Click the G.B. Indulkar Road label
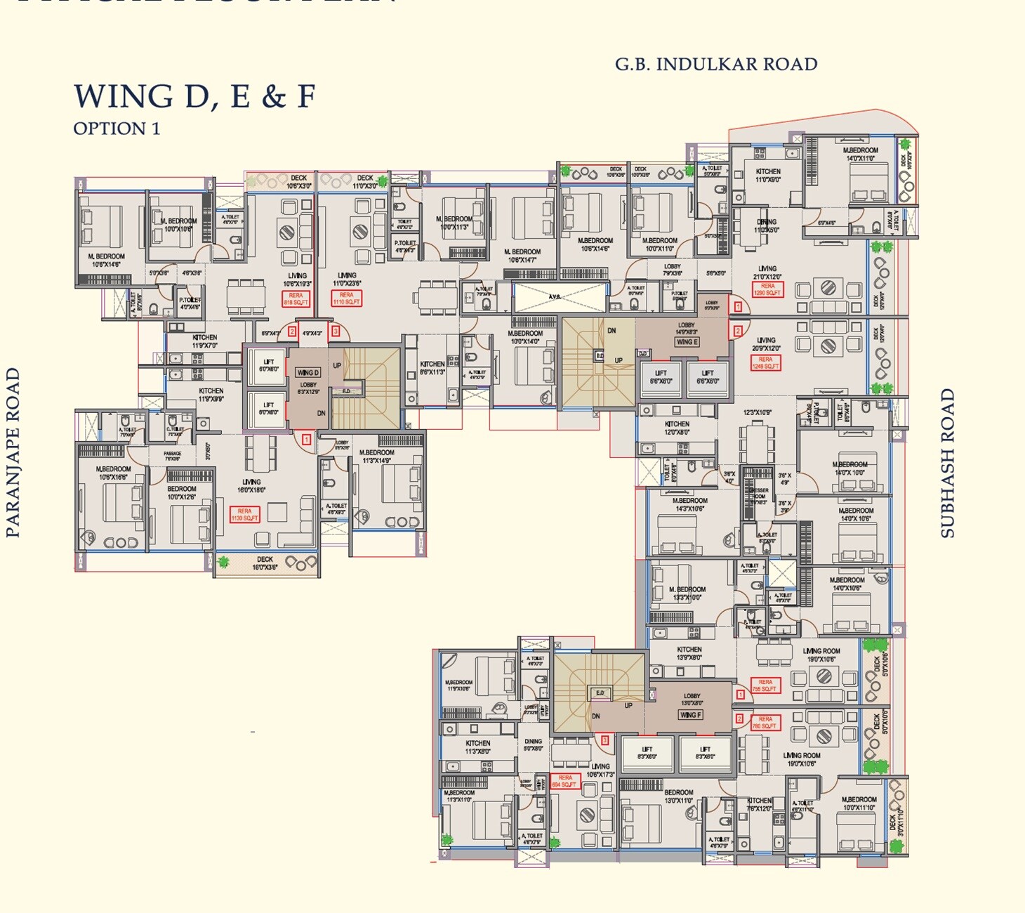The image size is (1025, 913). pyautogui.click(x=716, y=65)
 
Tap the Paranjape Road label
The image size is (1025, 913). pyautogui.click(x=13, y=453)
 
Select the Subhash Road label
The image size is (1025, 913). pyautogui.click(x=948, y=464)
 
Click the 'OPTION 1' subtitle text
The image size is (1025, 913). pyautogui.click(x=117, y=129)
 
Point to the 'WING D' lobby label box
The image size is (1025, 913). pyautogui.click(x=307, y=372)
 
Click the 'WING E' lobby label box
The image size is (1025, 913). pyautogui.click(x=687, y=342)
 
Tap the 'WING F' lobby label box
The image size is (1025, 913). pyautogui.click(x=690, y=715)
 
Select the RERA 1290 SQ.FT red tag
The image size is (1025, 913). pyautogui.click(x=767, y=289)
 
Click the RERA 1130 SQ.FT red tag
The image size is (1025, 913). pyautogui.click(x=244, y=514)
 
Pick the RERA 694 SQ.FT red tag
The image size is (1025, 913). pyautogui.click(x=565, y=781)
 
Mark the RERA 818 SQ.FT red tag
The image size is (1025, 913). pyautogui.click(x=296, y=298)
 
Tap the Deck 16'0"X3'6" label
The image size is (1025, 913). pyautogui.click(x=265, y=563)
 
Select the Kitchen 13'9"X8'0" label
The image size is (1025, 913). pyautogui.click(x=689, y=653)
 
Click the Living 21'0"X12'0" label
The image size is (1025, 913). pyautogui.click(x=767, y=272)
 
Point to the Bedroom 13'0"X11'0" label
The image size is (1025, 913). pyautogui.click(x=678, y=796)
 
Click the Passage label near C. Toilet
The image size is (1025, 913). pyautogui.click(x=173, y=456)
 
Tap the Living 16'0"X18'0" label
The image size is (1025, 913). pyautogui.click(x=251, y=486)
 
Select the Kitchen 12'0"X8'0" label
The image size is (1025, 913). pyautogui.click(x=677, y=428)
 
